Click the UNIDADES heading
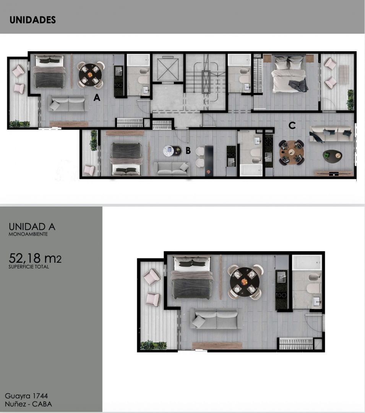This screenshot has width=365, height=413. coord(32,20)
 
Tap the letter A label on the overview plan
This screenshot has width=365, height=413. coord(97,98)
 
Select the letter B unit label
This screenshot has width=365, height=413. coord(188,150)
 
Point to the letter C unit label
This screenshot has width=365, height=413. coord(292,125)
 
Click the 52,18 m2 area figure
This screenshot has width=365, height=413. coord(35,259)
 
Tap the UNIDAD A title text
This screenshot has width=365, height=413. coord(32,227)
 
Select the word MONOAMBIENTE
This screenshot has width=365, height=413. coord(28,234)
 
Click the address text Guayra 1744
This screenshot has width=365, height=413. coord(26,396)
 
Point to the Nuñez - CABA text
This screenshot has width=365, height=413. coord(28,404)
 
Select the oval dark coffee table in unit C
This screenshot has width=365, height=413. coord(332,155)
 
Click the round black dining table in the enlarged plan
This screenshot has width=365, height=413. coord(245,282)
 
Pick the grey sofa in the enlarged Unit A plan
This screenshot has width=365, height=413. coord(216,319)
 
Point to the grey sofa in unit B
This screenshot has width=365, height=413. coord(172,169)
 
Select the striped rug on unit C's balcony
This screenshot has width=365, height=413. coord(344,74)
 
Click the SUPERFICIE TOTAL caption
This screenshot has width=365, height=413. coord(29,267)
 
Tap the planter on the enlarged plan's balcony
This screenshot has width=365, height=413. coord(153,345)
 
